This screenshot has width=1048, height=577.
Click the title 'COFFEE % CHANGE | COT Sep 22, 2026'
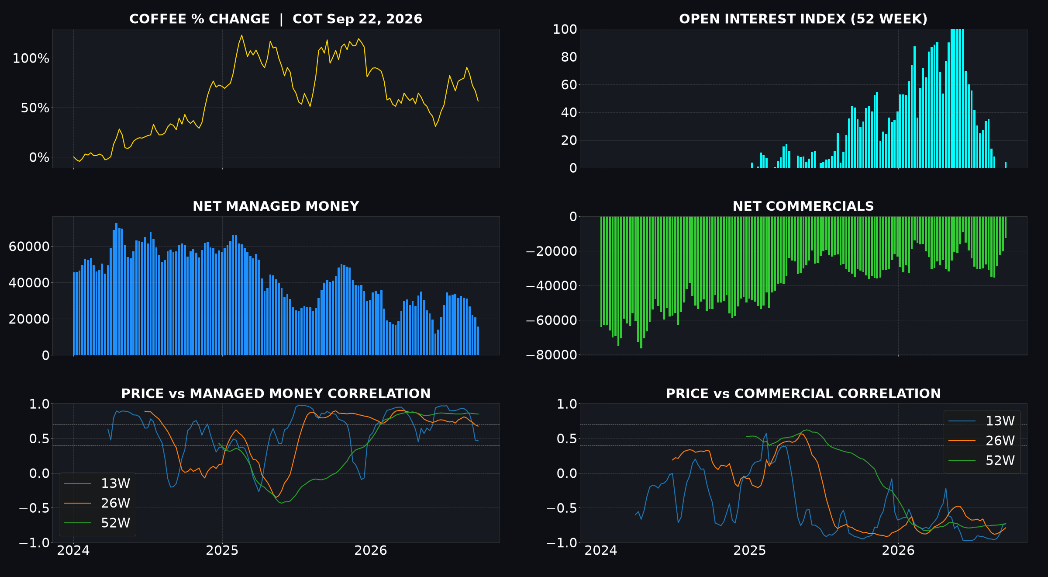276,19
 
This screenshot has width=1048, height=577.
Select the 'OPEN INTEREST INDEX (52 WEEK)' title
803,19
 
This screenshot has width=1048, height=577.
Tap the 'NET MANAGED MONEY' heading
276,206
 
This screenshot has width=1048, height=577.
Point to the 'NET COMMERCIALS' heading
803,206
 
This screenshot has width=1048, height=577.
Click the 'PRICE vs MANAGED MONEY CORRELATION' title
276,394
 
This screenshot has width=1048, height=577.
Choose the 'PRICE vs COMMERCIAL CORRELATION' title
803,394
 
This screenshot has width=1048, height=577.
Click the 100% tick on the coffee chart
31,59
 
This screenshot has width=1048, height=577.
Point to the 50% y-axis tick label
35,108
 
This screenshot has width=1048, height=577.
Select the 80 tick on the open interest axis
569,57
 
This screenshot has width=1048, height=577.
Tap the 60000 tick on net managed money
29,247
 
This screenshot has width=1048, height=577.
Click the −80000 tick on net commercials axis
552,355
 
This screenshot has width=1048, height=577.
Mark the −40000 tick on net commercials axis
552,286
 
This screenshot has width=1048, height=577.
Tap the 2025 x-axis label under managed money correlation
222,551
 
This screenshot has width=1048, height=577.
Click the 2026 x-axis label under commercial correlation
898,551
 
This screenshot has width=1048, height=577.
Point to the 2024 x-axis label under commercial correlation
601,551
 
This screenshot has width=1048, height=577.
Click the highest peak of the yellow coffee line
241,35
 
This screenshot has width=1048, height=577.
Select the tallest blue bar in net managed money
116,289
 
